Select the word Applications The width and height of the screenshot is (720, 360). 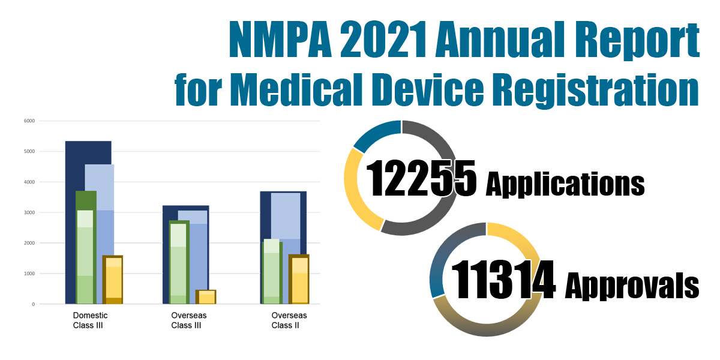[x=565, y=183]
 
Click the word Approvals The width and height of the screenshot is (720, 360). [x=632, y=284]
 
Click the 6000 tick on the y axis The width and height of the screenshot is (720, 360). [x=29, y=121]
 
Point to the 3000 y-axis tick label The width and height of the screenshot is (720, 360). [x=29, y=212]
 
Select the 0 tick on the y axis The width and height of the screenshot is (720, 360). [x=33, y=304]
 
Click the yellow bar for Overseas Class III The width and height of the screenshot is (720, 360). [x=206, y=297]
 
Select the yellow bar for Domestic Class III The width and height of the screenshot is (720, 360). [x=112, y=280]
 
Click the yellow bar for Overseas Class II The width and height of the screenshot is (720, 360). [x=299, y=280]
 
